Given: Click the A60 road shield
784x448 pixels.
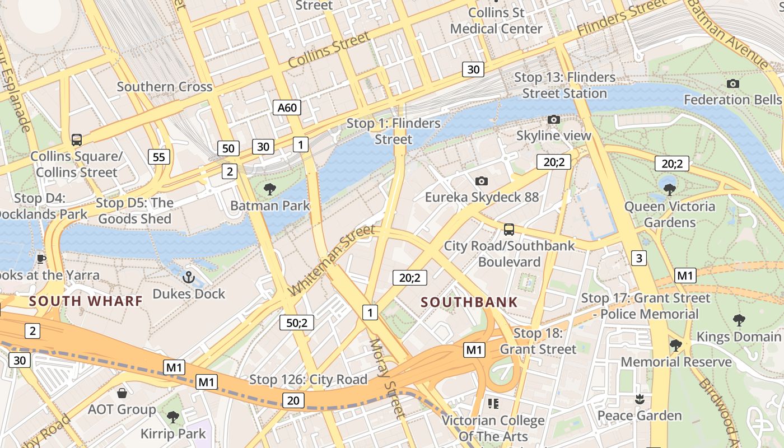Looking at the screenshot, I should pos(287,108).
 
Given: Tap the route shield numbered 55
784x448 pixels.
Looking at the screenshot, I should pos(159,157).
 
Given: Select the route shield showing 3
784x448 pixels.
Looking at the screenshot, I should pos(638,258).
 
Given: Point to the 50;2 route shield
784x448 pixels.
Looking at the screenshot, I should pos(297,323).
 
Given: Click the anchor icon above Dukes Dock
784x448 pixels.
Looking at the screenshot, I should pos(189,277).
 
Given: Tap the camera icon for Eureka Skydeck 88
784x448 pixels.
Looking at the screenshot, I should pos(481,181).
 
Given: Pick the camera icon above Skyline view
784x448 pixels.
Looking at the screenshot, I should pos(553,119).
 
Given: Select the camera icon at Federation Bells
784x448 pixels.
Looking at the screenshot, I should pos(732,84).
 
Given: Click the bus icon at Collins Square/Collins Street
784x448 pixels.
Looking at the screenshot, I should pos(77,140).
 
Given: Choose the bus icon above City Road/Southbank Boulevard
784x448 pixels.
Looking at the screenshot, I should pos(509,230).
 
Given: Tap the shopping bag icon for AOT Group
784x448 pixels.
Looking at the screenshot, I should pos(122,393).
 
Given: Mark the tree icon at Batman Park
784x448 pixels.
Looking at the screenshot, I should pos(270,189).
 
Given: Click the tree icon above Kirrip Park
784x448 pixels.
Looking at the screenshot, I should pos(173,417).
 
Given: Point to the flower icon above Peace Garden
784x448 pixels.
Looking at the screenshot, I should pos(639,399).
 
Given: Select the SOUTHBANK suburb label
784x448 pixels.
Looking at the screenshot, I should pos(469,302).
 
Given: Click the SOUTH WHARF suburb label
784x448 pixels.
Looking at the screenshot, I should pos(86,301).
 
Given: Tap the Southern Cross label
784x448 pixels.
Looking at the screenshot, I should pos(165,87).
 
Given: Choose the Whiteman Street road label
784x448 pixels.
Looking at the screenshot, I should pos(332,260).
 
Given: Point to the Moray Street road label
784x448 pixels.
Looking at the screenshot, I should pos(386,379).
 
